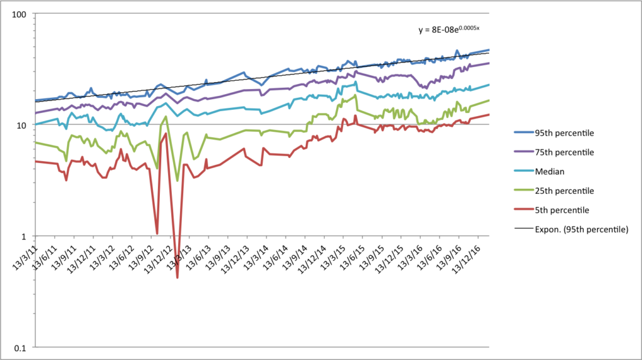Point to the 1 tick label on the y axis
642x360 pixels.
coord(28,236)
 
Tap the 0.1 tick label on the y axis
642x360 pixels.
coord(24,348)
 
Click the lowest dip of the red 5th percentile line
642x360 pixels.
coord(177,277)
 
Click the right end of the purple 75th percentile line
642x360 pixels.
coord(489,63)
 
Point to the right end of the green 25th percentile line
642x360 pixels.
coord(489,100)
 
